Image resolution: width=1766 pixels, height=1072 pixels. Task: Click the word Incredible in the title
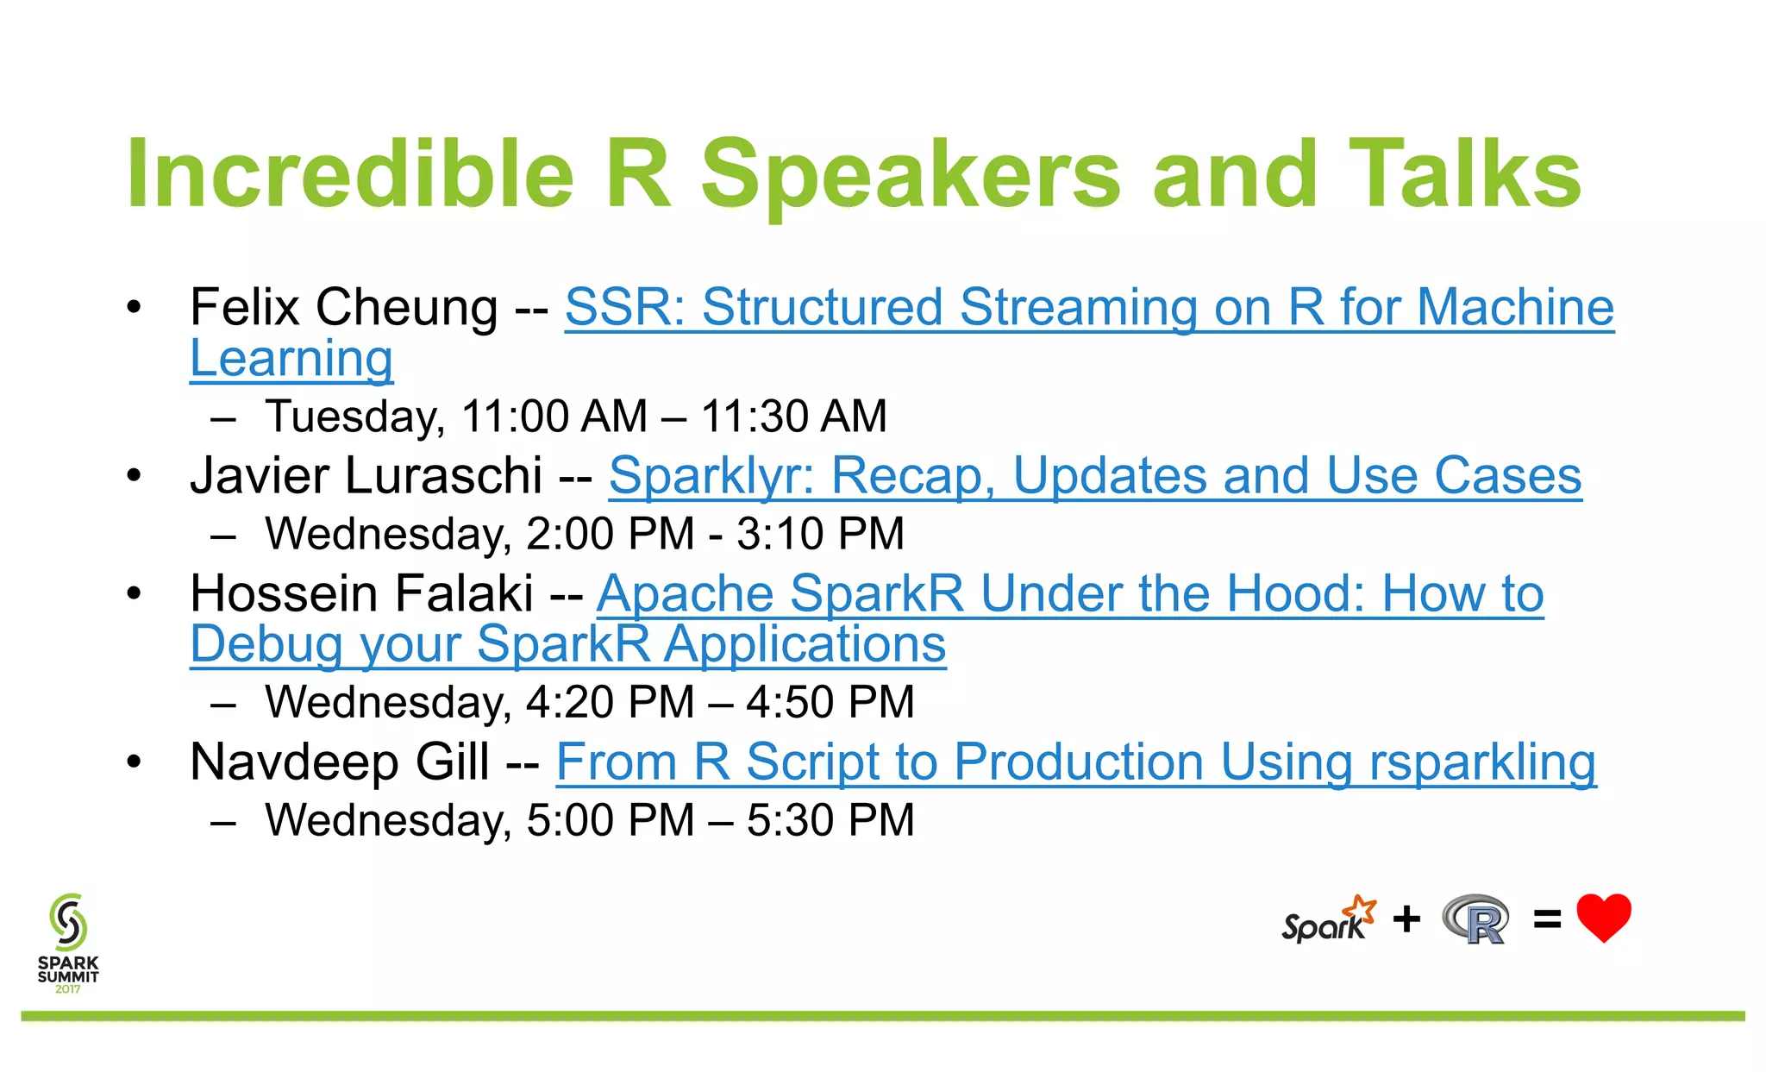point(349,175)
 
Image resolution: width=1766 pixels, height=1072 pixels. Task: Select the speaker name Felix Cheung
point(343,308)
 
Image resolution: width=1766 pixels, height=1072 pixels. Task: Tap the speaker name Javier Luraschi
point(366,476)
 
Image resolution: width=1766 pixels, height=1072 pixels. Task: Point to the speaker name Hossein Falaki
point(361,594)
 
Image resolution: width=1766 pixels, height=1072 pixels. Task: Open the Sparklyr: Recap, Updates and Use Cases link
point(1094,476)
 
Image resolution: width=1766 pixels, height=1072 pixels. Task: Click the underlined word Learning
point(291,359)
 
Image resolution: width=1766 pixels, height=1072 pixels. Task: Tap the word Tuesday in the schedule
point(354,417)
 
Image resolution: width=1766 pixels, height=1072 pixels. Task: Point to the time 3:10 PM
point(820,534)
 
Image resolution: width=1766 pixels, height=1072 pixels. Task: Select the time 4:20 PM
point(610,702)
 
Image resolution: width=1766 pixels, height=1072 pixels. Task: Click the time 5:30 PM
point(830,820)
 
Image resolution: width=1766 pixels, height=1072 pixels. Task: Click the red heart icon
point(1603,917)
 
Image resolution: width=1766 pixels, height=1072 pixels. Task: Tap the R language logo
point(1476,920)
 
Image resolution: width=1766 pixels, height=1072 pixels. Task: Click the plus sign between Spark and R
point(1406,919)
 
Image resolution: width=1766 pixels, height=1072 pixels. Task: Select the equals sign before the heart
point(1547,919)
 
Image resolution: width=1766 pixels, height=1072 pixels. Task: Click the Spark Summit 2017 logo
point(68,942)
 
